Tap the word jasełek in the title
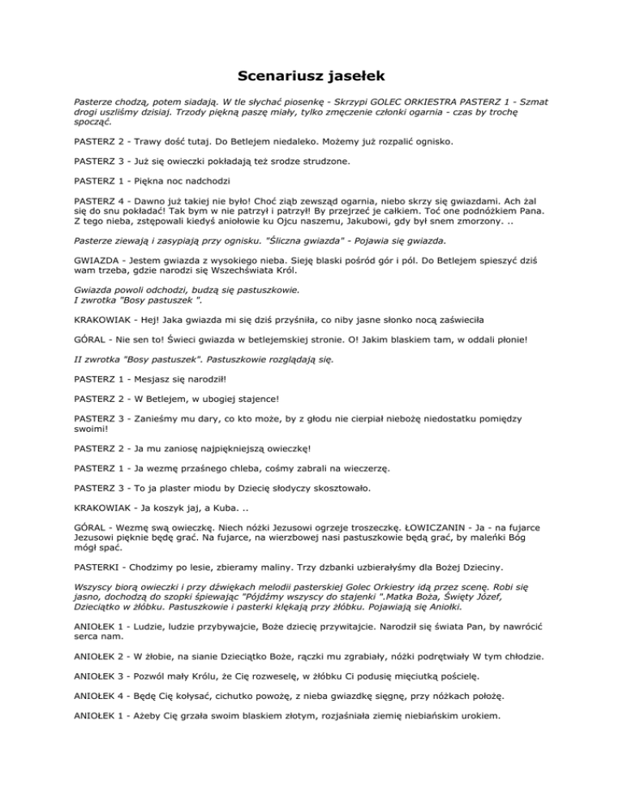351,77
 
